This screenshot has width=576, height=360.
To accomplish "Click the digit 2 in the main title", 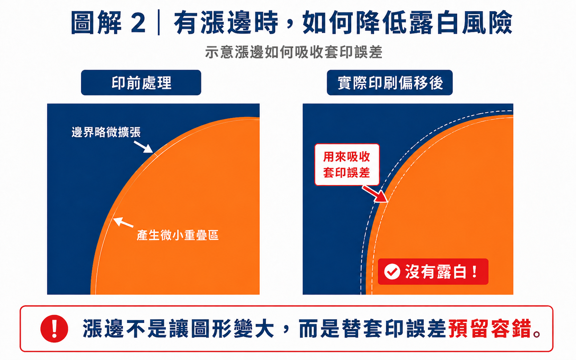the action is [138, 22].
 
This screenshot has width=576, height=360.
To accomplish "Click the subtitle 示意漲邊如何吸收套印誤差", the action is [294, 52].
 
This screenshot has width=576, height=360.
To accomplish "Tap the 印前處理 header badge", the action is [141, 82].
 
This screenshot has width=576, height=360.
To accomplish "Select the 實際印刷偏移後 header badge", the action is [390, 82].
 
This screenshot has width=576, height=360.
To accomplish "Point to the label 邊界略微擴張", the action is [106, 132].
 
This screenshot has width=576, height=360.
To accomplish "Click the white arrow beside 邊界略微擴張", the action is [143, 147].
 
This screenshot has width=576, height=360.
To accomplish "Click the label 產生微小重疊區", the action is [178, 235].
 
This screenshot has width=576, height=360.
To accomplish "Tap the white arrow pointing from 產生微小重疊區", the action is [123, 222].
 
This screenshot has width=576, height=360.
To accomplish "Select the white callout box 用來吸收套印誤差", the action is [347, 164].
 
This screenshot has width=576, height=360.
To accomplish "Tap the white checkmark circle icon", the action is [392, 271].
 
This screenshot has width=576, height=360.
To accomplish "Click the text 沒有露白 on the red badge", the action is [435, 271].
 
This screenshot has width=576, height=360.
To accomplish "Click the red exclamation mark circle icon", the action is [54, 329].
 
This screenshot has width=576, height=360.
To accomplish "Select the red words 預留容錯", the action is [490, 328].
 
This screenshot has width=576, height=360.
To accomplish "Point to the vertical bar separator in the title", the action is [159, 22].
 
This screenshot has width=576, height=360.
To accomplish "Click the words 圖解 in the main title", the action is [96, 22].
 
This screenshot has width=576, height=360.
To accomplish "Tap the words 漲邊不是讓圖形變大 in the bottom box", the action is [178, 328].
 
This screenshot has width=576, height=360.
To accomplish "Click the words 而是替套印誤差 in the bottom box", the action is [372, 328].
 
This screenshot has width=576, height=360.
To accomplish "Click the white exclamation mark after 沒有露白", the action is [475, 271].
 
